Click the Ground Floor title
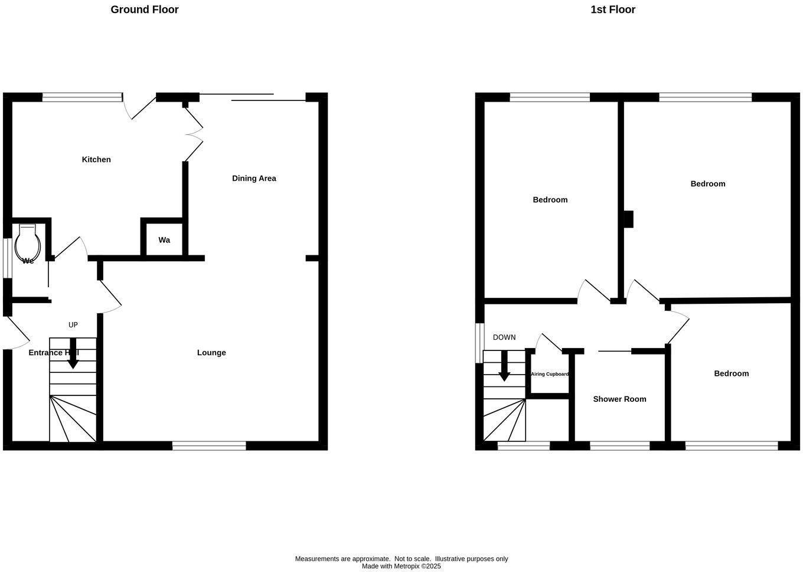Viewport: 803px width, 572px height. coord(145,9)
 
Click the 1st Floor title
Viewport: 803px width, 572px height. coord(613,9)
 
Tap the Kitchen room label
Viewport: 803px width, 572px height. coord(96,160)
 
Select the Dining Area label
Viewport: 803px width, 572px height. coord(254,178)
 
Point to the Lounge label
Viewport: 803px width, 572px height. coord(211,353)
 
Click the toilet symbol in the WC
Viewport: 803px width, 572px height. coord(28,243)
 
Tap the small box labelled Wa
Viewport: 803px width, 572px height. coord(164,240)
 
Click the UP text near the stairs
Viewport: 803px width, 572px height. coord(73,325)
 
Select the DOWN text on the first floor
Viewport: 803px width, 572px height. coord(504,337)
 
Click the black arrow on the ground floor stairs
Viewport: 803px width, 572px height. coord(73,353)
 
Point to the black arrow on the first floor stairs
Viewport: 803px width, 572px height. coord(504,366)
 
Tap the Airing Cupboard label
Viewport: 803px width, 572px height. coord(550,374)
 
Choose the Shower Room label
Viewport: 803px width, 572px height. coord(619,399)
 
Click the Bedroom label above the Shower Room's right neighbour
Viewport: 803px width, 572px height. coord(731,373)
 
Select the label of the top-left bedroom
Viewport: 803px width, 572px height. coord(550,200)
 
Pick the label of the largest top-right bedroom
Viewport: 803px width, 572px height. coord(707,184)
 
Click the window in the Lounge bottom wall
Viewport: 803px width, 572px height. coord(209,446)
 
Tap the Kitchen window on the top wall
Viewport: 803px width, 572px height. coord(81,97)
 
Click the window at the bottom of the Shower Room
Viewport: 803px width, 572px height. coord(619,446)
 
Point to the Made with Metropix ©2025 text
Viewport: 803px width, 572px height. coord(401,566)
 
